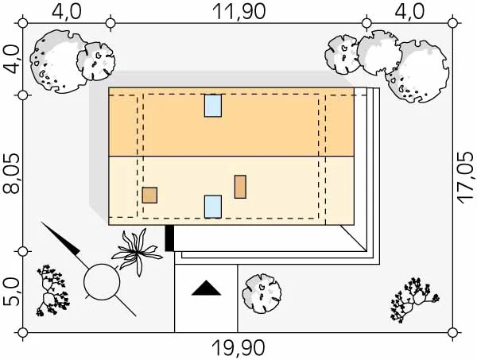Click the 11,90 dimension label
(x=238, y=12)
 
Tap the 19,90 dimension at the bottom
(x=238, y=348)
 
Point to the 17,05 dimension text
(x=467, y=178)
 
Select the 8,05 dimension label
(x=11, y=173)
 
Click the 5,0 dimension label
(x=11, y=292)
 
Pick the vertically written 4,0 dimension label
(x=11, y=60)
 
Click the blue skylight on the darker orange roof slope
(x=213, y=106)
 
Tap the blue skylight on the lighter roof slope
(x=213, y=207)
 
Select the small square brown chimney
(x=149, y=195)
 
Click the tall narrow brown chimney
(x=240, y=187)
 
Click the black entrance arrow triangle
(x=206, y=288)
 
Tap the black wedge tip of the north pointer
(x=41, y=223)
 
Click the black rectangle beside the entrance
(x=169, y=238)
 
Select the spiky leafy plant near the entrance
(x=136, y=252)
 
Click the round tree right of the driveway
(x=262, y=293)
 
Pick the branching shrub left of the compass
(x=51, y=290)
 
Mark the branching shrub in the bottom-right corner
(x=414, y=299)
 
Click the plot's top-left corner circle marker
(x=23, y=23)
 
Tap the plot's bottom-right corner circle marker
(x=453, y=332)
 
